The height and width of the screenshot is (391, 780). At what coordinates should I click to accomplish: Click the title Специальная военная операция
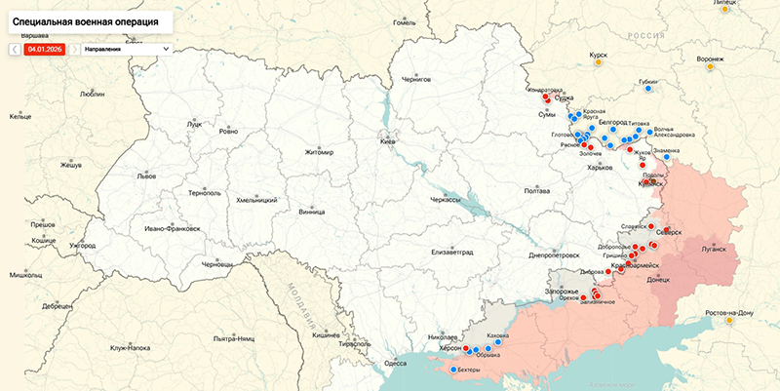(82, 20)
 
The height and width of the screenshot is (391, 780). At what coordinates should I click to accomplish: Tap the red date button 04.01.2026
(44, 48)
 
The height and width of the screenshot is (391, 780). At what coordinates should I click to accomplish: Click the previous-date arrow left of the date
(16, 48)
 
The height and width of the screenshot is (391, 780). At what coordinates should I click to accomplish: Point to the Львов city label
(145, 177)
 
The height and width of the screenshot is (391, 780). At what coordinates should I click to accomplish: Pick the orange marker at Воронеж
(710, 67)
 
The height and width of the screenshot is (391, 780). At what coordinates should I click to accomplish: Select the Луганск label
(714, 248)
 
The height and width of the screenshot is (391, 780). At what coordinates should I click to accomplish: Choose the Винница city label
(312, 210)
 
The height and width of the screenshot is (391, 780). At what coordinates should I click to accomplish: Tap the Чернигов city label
(416, 79)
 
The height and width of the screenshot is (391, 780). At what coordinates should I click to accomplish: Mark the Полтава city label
(537, 190)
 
